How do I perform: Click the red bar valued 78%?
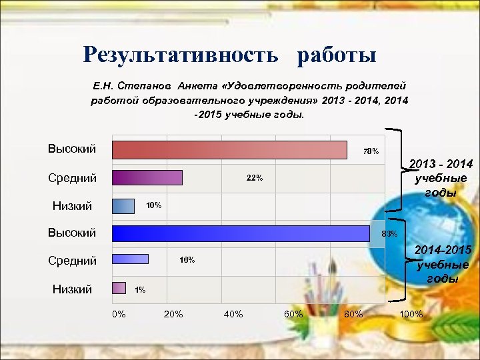pyautogui.click(x=230, y=149)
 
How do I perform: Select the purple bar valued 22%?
pyautogui.click(x=147, y=178)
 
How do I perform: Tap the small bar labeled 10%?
pyautogui.click(x=123, y=206)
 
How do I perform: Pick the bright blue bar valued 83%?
pyautogui.click(x=241, y=233)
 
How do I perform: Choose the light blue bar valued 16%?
pyautogui.click(x=130, y=260)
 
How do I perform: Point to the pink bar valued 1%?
pyautogui.click(x=119, y=288)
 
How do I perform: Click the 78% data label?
pyautogui.click(x=371, y=151)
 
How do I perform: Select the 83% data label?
pyautogui.click(x=389, y=234)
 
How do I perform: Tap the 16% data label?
pyautogui.click(x=187, y=260)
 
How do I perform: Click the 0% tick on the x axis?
pyautogui.click(x=119, y=313)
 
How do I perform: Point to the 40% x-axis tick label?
pyautogui.click(x=233, y=313)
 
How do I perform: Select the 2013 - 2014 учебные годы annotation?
pyautogui.click(x=441, y=178)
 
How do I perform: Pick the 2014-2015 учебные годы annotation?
pyautogui.click(x=443, y=264)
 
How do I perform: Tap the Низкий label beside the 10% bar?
pyautogui.click(x=72, y=207)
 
